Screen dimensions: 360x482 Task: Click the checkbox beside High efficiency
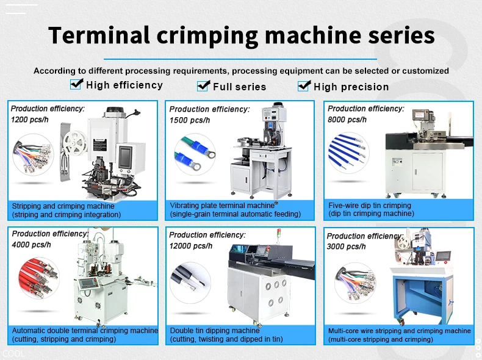coord(76,84)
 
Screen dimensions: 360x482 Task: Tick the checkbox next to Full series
coord(203,86)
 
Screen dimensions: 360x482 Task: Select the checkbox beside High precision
coord(304,86)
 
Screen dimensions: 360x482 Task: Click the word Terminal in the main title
coord(99,35)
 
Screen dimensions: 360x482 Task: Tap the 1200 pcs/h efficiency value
coord(30,120)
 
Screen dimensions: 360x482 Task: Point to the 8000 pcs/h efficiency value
coord(347,120)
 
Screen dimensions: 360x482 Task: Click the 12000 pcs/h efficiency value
coord(191,246)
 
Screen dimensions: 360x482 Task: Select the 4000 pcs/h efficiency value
coord(32,245)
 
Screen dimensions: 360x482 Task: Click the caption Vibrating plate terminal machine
coord(222,206)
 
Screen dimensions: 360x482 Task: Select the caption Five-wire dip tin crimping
coord(370,206)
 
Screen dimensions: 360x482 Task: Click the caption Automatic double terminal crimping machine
coord(85,331)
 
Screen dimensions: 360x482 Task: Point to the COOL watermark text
coord(13,353)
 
